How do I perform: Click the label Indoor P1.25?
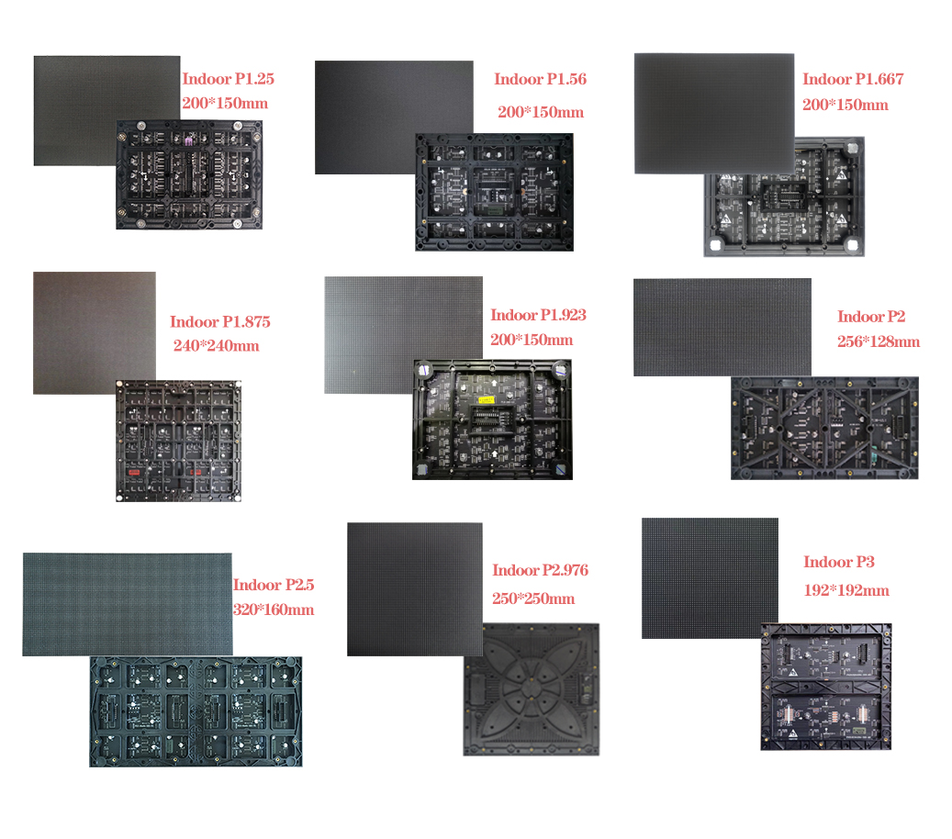(x=228, y=79)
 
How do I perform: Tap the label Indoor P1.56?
(x=540, y=79)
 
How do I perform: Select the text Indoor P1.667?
(x=853, y=79)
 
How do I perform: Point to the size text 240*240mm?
(x=217, y=346)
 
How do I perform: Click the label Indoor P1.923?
(x=538, y=315)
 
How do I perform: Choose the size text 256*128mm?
(x=879, y=341)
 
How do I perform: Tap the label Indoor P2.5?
(x=274, y=585)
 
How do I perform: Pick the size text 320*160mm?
(x=274, y=610)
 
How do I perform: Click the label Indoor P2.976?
(x=540, y=570)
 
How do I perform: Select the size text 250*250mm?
(x=533, y=598)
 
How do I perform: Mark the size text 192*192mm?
(x=846, y=590)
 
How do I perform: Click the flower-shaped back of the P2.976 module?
(x=531, y=689)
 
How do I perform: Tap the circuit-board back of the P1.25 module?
(x=189, y=174)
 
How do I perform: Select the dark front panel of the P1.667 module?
(x=714, y=113)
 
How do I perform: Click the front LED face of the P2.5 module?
(x=127, y=603)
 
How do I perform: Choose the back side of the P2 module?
(x=824, y=428)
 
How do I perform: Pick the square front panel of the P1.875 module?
(x=94, y=332)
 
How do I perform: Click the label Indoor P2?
(x=871, y=317)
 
